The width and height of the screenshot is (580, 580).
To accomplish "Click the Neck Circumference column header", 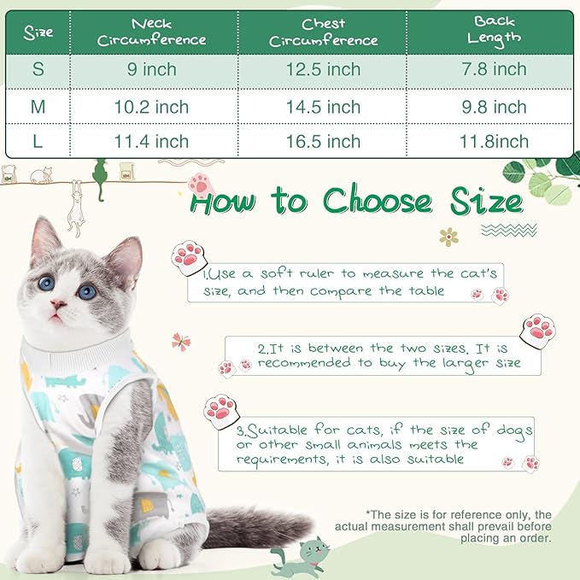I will click(x=152, y=32).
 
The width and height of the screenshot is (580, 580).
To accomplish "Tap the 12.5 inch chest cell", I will click(x=323, y=70).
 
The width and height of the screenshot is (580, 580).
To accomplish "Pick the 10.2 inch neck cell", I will click(x=152, y=107).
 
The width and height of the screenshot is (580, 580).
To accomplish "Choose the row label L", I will click(x=38, y=141).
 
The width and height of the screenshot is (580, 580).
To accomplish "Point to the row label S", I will click(x=38, y=70).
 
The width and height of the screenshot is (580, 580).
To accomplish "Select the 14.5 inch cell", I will click(x=323, y=107).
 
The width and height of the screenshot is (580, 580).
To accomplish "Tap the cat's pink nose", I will click(x=59, y=304).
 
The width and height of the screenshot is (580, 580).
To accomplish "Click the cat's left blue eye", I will click(x=46, y=284).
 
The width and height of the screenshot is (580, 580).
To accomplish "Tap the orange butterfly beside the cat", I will click(x=181, y=342).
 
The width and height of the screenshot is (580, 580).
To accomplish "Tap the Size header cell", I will click(x=38, y=32).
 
